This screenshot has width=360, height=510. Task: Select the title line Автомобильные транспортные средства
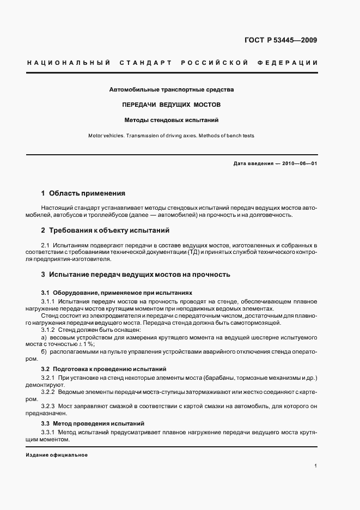(172, 89)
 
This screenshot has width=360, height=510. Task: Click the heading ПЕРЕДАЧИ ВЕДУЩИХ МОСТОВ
(172, 104)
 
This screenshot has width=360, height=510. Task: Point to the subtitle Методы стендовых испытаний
(172, 119)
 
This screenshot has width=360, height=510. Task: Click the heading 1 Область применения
(83, 193)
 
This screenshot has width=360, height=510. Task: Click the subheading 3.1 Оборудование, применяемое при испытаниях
(117, 293)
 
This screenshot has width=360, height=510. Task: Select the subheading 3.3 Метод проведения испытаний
(93, 423)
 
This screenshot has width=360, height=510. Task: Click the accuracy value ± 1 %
(87, 344)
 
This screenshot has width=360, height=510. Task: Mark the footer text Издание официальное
(57, 455)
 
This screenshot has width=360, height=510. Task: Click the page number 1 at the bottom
(316, 466)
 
